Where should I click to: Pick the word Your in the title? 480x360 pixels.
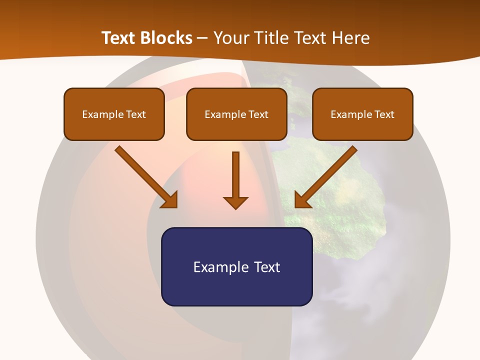230,38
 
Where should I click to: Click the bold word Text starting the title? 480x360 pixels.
120,38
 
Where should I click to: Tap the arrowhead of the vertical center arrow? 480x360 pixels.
235,202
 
